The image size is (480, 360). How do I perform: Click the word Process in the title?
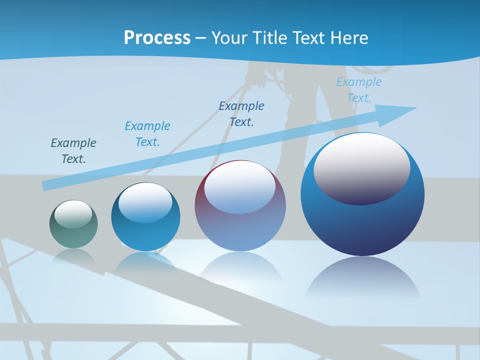(x=157, y=38)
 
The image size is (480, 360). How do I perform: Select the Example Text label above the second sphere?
(x=147, y=134)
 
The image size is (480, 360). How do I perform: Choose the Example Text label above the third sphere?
(x=241, y=114)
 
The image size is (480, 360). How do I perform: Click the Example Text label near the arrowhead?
(x=358, y=90)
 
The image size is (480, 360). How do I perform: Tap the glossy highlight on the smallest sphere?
(x=73, y=213)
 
